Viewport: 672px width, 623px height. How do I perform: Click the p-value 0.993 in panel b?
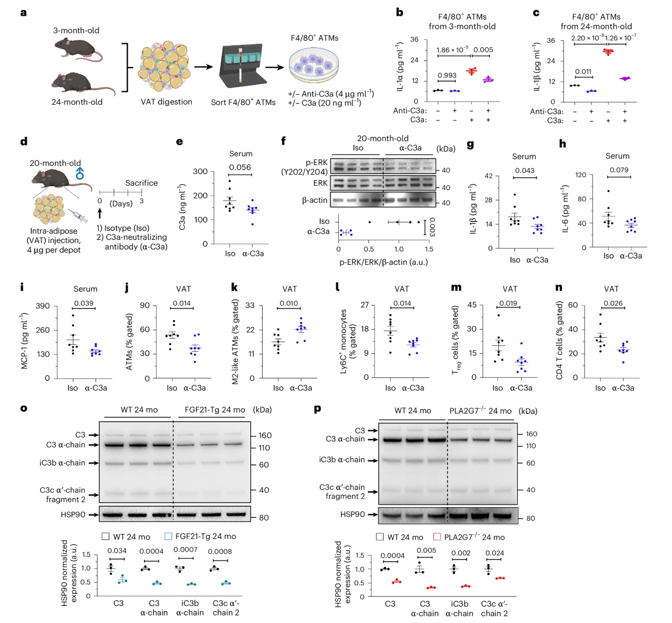pyautogui.click(x=446, y=75)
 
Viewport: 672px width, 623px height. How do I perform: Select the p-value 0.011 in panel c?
pyautogui.click(x=583, y=71)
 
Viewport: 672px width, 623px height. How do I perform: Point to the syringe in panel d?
pyautogui.click(x=77, y=216)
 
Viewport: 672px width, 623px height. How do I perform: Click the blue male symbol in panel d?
pyautogui.click(x=80, y=174)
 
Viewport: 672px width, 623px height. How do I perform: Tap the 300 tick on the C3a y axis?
pyautogui.click(x=200, y=172)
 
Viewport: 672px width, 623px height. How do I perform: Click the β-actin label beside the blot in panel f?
pyautogui.click(x=315, y=200)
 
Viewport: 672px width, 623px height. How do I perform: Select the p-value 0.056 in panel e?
pyautogui.click(x=240, y=167)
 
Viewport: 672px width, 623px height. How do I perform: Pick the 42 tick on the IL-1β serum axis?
pyautogui.click(x=488, y=176)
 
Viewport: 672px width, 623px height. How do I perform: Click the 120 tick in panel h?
pyautogui.click(x=580, y=175)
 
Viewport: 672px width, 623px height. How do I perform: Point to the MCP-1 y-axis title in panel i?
pyautogui.click(x=24, y=341)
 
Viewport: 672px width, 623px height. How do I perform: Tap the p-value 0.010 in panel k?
pyautogui.click(x=288, y=303)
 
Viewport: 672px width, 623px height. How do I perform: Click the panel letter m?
pyautogui.click(x=456, y=287)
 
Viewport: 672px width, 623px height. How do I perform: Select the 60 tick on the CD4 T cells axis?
pyautogui.click(x=573, y=305)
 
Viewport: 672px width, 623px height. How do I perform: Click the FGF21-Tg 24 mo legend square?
pyautogui.click(x=168, y=536)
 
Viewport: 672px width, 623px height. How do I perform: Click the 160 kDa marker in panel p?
pyautogui.click(x=531, y=434)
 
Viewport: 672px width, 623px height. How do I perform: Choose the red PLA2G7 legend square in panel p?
pyautogui.click(x=437, y=537)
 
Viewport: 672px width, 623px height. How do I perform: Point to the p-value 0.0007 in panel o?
pyautogui.click(x=185, y=550)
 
